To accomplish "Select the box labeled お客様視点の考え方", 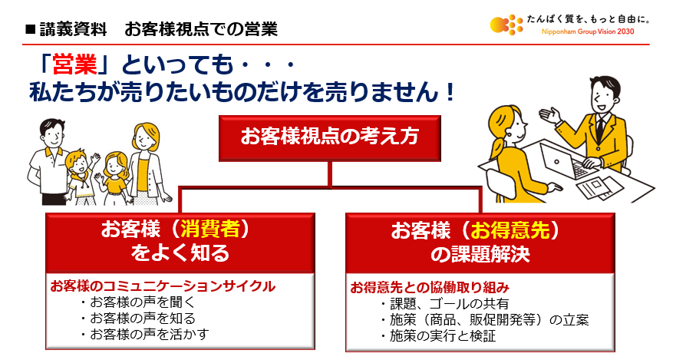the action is (330, 138).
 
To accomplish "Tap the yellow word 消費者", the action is (209, 230).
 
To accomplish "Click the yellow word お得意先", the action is (510, 230).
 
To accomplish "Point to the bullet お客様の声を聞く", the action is (138, 302).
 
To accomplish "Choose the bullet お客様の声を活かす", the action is (145, 334).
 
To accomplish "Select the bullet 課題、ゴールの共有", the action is (444, 304).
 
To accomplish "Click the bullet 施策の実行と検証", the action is (438, 335).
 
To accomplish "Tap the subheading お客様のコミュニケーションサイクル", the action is (163, 286).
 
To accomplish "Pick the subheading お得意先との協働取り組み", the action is (430, 287).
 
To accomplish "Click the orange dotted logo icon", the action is (506, 24).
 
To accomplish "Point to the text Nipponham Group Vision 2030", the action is (588, 31).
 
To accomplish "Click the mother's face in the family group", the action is (144, 138).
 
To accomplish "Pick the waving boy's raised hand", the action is (95, 158).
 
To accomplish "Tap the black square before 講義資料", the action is (30, 29).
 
